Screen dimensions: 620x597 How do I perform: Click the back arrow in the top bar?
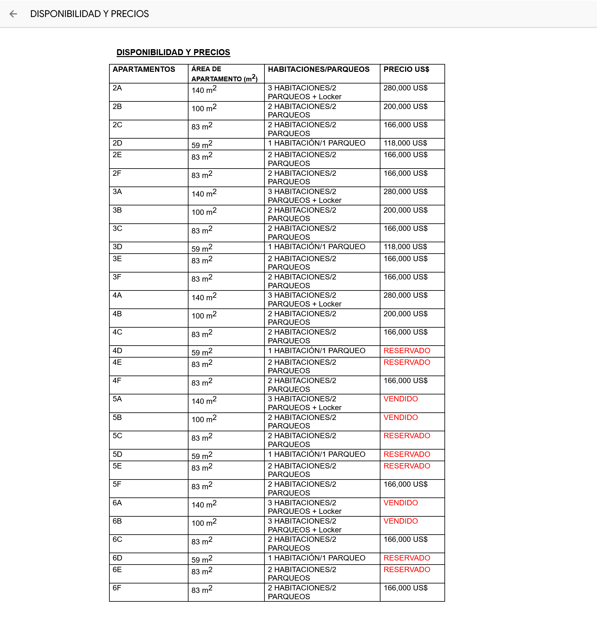[x=13, y=14]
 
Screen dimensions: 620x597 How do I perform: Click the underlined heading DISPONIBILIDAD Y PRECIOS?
[x=173, y=52]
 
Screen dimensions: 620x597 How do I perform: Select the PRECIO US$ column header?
[x=406, y=69]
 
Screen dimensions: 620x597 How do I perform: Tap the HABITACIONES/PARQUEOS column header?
[x=318, y=69]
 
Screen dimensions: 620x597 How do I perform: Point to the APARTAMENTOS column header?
[x=144, y=69]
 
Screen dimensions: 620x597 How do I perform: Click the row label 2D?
[x=117, y=143]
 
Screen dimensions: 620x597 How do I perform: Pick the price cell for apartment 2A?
[x=405, y=88]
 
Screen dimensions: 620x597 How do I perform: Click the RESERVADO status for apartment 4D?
[x=406, y=351]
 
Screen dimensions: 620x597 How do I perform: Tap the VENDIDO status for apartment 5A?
[x=400, y=399]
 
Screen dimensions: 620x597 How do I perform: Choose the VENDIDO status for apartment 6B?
[x=400, y=521]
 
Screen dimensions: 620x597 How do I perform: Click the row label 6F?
[x=117, y=588]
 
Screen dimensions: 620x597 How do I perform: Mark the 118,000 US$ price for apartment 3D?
[x=405, y=247]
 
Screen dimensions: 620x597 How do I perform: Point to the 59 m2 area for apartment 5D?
[x=202, y=456]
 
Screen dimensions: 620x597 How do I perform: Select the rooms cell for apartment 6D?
[x=316, y=558]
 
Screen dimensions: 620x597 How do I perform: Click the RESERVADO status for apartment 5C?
[x=406, y=436]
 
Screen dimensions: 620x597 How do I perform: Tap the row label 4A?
[x=117, y=296]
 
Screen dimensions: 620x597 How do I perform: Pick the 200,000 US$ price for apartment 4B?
[x=405, y=314]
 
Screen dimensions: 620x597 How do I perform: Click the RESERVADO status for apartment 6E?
[x=406, y=570]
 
